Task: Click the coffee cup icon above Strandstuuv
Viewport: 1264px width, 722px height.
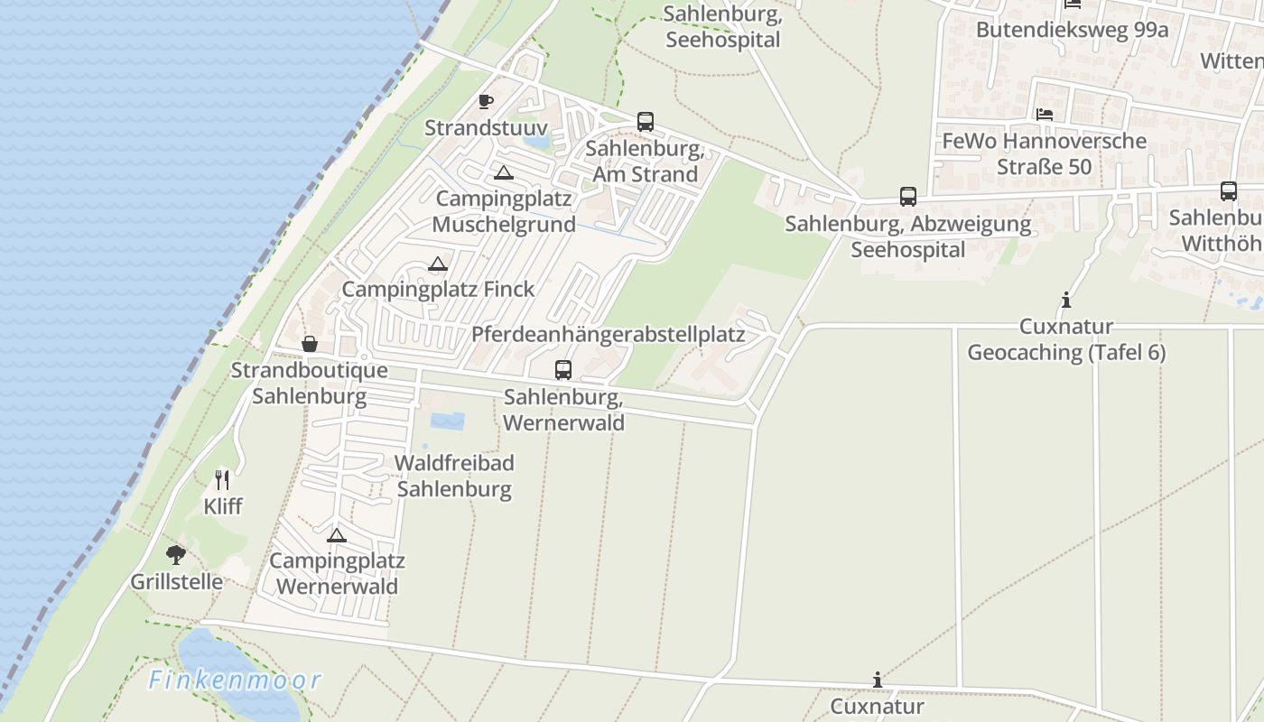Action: coord(486,101)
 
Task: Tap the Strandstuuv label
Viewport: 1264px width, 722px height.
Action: coord(486,127)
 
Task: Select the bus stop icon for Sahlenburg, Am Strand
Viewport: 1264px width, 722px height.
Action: coord(645,121)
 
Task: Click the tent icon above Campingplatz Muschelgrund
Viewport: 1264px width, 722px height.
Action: coord(503,172)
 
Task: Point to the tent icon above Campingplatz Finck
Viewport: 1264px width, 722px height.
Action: coord(438,264)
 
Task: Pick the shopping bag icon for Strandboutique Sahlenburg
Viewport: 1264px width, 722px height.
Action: coord(309,344)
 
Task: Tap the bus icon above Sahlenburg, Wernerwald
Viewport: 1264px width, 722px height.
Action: coord(563,369)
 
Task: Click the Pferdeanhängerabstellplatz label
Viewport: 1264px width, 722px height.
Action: coord(608,334)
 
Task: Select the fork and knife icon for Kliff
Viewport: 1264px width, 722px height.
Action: coord(222,479)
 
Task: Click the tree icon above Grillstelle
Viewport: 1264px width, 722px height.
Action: coord(176,554)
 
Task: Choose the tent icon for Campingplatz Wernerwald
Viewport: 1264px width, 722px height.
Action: coord(337,535)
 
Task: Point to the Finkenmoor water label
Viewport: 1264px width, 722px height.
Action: coord(235,680)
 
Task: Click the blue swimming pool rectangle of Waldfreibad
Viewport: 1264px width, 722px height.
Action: coord(448,421)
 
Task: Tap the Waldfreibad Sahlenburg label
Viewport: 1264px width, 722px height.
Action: coord(454,476)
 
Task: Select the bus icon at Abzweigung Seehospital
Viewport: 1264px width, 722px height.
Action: coord(908,197)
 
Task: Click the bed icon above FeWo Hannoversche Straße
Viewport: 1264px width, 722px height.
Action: coord(1045,115)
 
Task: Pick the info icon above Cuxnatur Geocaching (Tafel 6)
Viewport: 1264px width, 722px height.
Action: coord(1066,300)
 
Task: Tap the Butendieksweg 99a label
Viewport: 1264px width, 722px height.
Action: coord(1072,30)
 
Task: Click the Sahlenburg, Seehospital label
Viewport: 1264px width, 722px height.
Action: coord(721,27)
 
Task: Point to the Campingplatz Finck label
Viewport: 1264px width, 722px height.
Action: coord(438,289)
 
